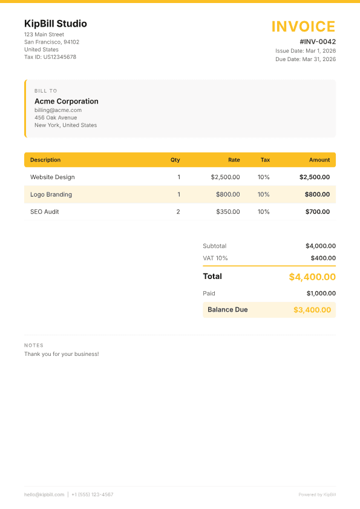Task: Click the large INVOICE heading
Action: click(x=303, y=27)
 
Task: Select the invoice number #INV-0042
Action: click(x=318, y=42)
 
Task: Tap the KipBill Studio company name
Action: click(x=56, y=24)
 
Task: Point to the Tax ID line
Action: click(x=50, y=57)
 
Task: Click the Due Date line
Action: click(x=306, y=59)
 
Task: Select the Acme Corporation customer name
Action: click(x=67, y=101)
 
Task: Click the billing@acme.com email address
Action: click(x=58, y=110)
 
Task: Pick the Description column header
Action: click(x=45, y=160)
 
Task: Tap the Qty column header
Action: click(x=175, y=160)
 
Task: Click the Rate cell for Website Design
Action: click(x=225, y=177)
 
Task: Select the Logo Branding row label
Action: click(x=51, y=194)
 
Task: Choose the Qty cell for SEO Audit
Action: click(x=178, y=212)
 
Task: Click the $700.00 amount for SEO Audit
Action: click(x=318, y=212)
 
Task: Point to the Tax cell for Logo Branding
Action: click(x=263, y=194)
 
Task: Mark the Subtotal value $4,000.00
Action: click(x=320, y=246)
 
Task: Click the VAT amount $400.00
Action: click(x=323, y=258)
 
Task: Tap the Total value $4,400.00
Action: click(x=312, y=277)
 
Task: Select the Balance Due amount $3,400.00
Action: click(x=312, y=310)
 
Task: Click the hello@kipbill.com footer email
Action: click(x=44, y=494)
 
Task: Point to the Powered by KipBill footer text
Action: click(x=317, y=494)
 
